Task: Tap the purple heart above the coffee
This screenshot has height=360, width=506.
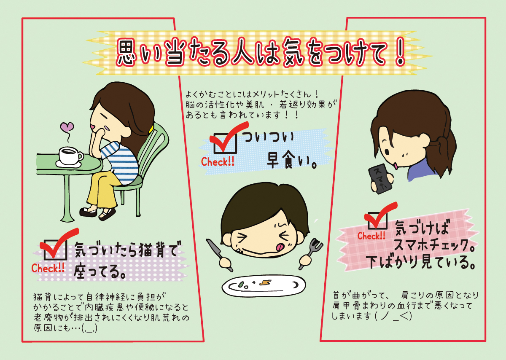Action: [x=67, y=127]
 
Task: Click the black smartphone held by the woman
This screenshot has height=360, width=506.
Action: [x=381, y=179]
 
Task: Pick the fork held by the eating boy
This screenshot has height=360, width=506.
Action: [x=311, y=253]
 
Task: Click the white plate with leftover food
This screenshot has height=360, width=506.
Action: [x=264, y=285]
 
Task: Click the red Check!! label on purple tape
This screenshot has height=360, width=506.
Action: [x=48, y=268]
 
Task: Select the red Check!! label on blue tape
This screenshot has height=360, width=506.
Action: [x=218, y=162]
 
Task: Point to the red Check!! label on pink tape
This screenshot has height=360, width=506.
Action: [x=371, y=236]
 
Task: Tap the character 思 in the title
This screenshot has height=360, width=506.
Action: [x=127, y=53]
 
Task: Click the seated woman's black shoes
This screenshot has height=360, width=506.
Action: [x=97, y=213]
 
